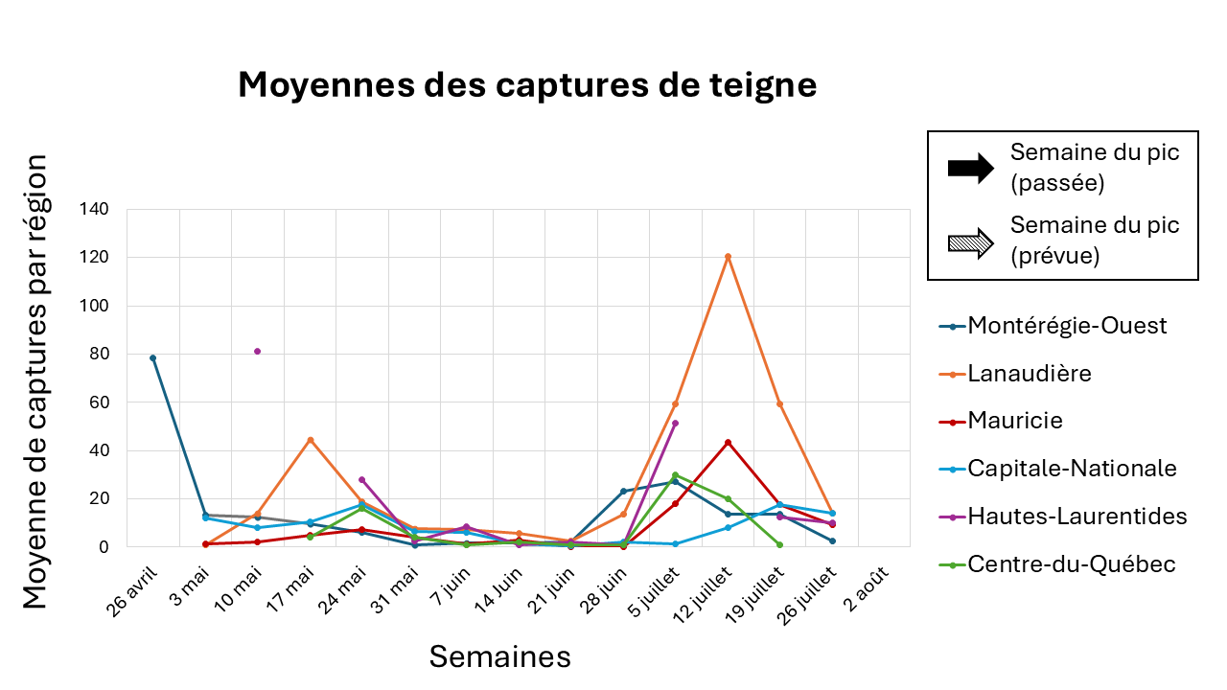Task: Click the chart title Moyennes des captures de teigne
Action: coord(527,85)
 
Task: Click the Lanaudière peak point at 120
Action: coord(728,256)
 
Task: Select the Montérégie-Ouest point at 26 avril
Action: coord(152,357)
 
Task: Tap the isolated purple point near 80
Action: coord(257,351)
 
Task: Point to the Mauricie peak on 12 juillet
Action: coord(728,442)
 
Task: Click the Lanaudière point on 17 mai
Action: coord(310,440)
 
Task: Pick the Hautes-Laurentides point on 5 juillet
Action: coord(676,423)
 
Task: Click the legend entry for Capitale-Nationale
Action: coord(1072,468)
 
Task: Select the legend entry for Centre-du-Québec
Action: coord(1072,564)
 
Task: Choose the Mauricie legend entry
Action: coord(1015,421)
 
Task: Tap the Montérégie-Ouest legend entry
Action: coord(1067,325)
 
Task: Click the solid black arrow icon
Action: coord(971,169)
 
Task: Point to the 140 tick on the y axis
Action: coord(96,209)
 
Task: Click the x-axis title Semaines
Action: coord(499,656)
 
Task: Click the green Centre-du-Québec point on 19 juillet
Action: coord(779,544)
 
